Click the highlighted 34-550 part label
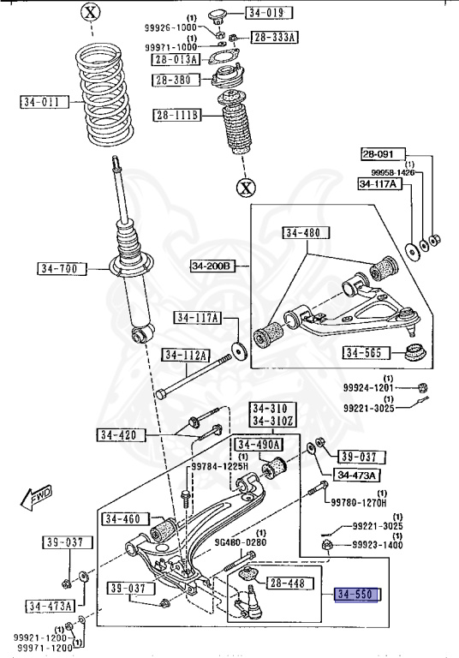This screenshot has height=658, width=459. (356, 595)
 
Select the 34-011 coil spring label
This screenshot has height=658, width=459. (44, 102)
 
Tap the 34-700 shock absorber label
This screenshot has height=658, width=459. (63, 268)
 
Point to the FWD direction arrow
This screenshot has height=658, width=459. (36, 497)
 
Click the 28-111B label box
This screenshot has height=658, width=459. (177, 115)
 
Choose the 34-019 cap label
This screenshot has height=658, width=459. (269, 13)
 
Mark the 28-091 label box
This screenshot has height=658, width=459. (384, 154)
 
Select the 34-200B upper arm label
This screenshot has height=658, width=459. (212, 266)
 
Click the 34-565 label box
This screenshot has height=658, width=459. (366, 352)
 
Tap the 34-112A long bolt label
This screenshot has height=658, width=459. (186, 356)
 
